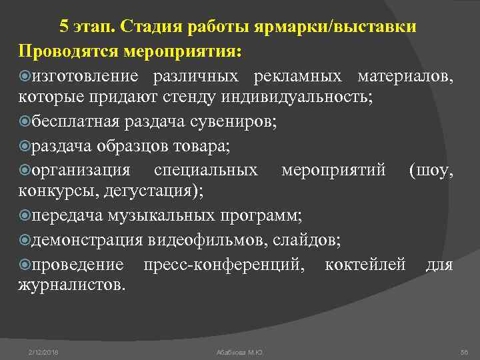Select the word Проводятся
click(x=66, y=51)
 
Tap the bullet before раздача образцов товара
click(x=25, y=146)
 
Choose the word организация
click(x=81, y=170)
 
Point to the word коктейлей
click(x=365, y=265)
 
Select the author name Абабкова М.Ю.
click(x=240, y=351)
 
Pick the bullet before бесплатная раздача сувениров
click(x=25, y=122)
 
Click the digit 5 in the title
click(x=64, y=27)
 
